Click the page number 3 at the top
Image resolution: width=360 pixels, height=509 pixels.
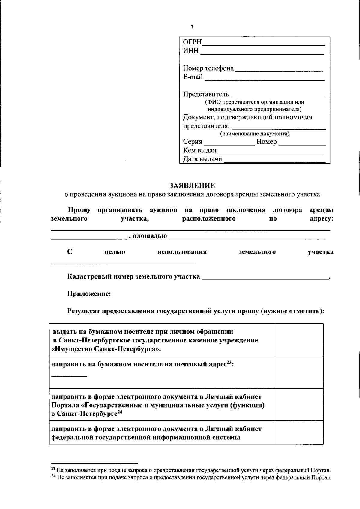pyautogui.click(x=192, y=27)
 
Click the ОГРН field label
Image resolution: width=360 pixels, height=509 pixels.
pyautogui.click(x=192, y=42)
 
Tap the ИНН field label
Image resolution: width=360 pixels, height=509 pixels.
pyautogui.click(x=191, y=51)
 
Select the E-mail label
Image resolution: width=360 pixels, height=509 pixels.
pyautogui.click(x=193, y=77)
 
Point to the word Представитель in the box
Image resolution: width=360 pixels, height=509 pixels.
pyautogui.click(x=206, y=95)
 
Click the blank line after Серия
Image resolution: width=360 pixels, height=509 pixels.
pyautogui.click(x=229, y=144)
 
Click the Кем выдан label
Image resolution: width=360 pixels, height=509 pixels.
pyautogui.click(x=200, y=150)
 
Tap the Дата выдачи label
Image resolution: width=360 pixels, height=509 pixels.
pyautogui.click(x=202, y=159)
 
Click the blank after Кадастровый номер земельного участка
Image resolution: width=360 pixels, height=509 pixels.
pyautogui.click(x=265, y=279)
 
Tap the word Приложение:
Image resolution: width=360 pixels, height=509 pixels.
pyautogui.click(x=89, y=294)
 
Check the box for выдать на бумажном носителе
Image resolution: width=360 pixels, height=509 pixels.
pyautogui.click(x=298, y=340)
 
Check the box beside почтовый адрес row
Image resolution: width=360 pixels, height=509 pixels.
pyautogui.click(x=298, y=372)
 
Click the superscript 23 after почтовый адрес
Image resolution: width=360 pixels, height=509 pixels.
pyautogui.click(x=229, y=363)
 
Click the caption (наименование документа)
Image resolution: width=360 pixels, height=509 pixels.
pyautogui.click(x=255, y=134)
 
